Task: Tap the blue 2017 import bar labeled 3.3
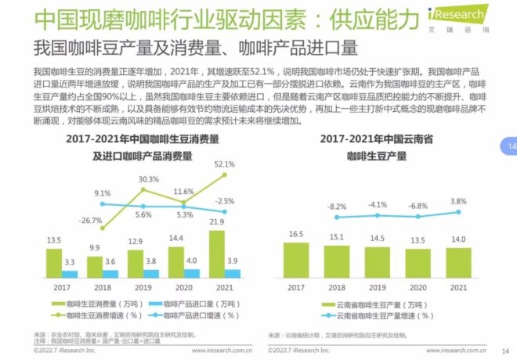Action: (70, 274)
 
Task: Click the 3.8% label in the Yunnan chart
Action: (458, 200)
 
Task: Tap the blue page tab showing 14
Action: (510, 146)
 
